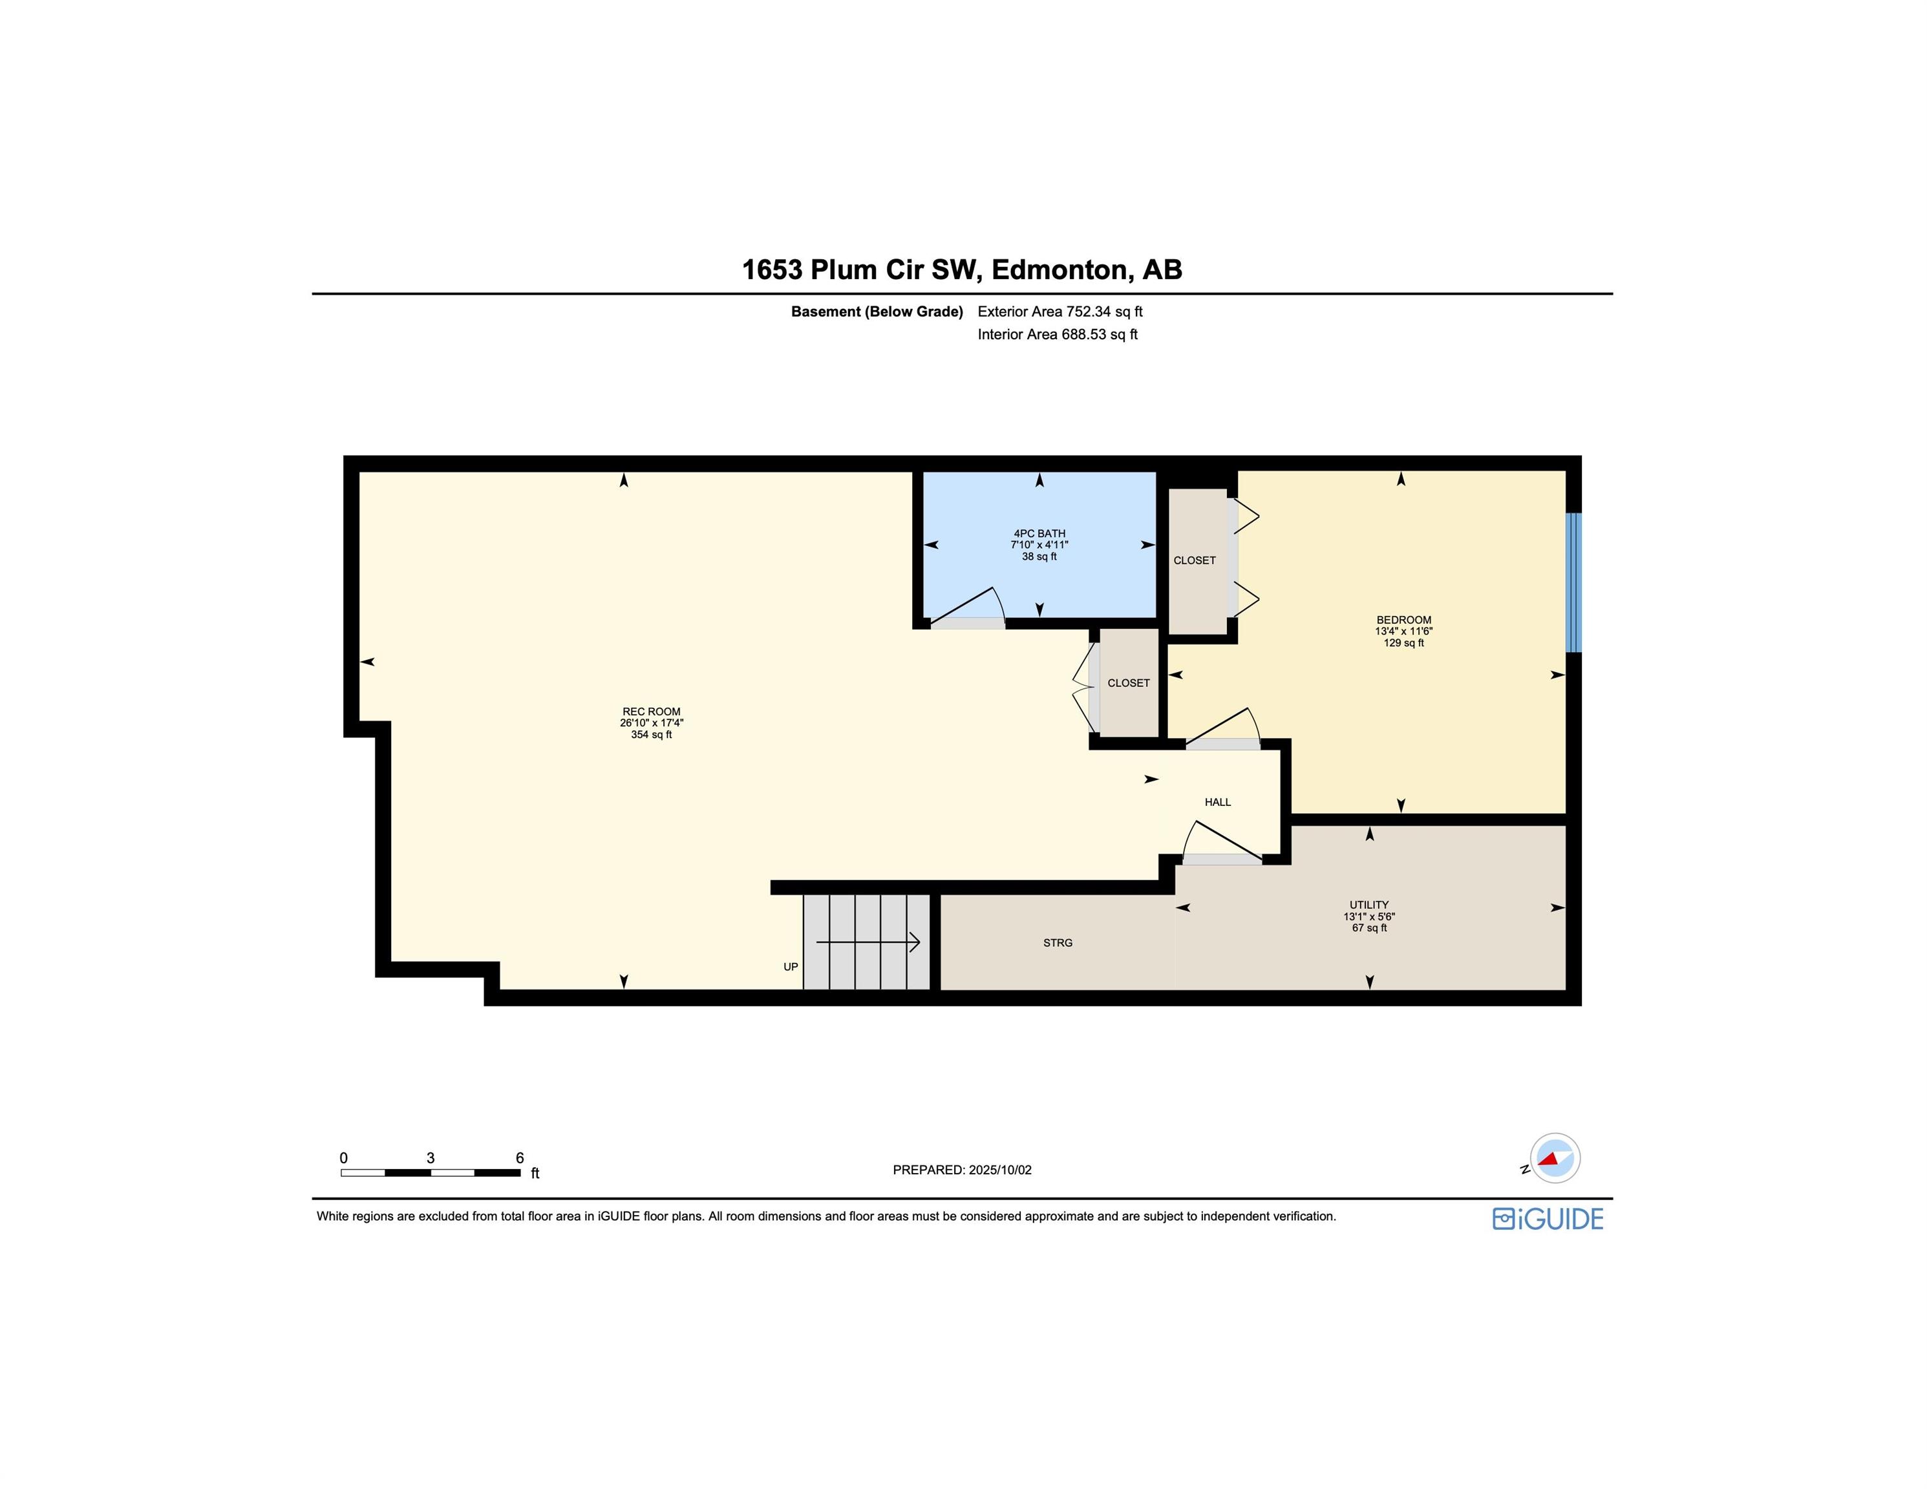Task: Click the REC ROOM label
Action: (x=651, y=712)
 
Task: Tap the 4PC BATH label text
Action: (x=1039, y=534)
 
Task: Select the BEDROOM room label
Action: (x=1404, y=620)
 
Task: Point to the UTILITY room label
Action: (x=1369, y=905)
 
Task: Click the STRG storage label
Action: (x=1058, y=943)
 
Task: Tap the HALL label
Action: (x=1218, y=802)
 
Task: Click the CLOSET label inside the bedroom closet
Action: (x=1195, y=560)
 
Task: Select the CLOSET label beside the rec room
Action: (x=1129, y=682)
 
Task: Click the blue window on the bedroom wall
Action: (x=1573, y=582)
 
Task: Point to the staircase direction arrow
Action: (x=868, y=942)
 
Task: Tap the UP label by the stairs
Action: (x=791, y=967)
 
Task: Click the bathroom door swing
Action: (x=968, y=607)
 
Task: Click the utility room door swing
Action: (x=1222, y=843)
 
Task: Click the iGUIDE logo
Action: (x=1548, y=1219)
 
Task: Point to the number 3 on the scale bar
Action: (x=431, y=1158)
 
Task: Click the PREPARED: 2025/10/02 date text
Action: (x=962, y=1170)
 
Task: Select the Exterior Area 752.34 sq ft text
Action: (x=1059, y=312)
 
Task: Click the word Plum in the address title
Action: (x=844, y=269)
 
